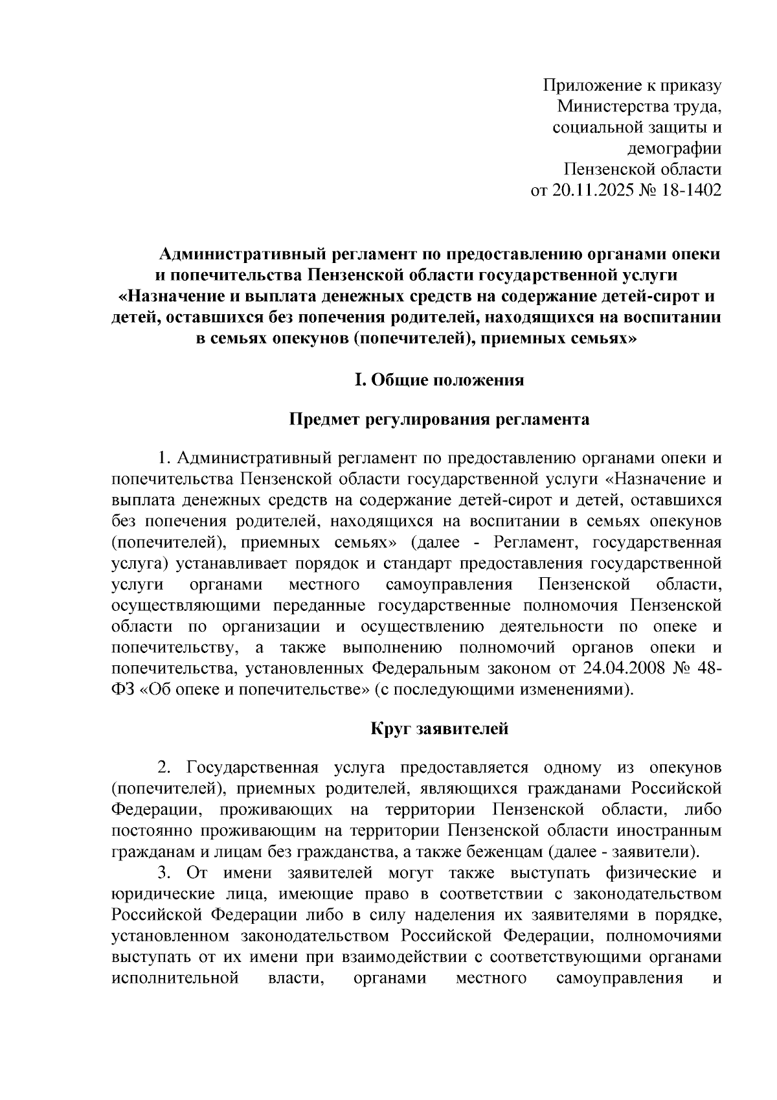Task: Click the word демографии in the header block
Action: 674,148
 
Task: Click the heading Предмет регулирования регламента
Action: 438,419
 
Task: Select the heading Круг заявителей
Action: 439,729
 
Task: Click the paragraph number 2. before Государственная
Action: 164,768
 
